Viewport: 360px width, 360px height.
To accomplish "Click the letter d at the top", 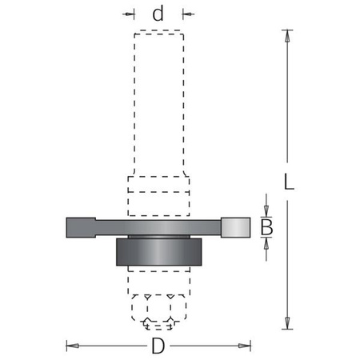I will point(158,14).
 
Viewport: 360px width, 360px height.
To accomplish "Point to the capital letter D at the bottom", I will point(158,346).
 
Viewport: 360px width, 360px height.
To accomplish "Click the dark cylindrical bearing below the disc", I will point(158,252).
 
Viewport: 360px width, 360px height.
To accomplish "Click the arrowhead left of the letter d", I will point(130,14).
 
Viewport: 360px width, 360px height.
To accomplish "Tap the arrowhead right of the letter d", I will point(187,14).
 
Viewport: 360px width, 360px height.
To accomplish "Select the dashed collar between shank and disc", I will point(158,195).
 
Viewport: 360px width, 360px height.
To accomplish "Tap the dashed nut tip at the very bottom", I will point(158,322).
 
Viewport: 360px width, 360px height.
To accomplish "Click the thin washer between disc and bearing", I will point(158,237).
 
